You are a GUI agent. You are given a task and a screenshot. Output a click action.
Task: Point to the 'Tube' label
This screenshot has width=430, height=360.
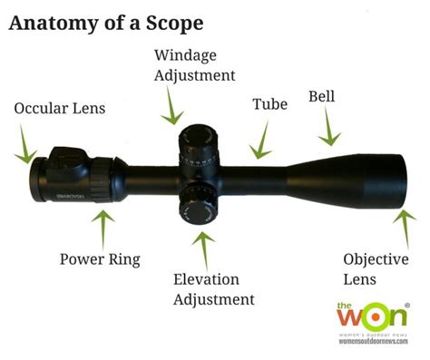click(x=269, y=104)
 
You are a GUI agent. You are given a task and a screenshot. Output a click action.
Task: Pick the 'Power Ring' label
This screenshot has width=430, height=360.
click(x=100, y=259)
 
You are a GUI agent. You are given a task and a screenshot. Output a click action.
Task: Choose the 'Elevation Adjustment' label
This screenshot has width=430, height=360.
click(x=214, y=288)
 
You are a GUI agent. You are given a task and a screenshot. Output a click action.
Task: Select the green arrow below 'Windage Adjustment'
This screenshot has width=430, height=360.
click(x=170, y=110)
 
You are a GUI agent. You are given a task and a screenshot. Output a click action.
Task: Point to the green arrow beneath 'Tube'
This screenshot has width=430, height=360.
click(x=261, y=141)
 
